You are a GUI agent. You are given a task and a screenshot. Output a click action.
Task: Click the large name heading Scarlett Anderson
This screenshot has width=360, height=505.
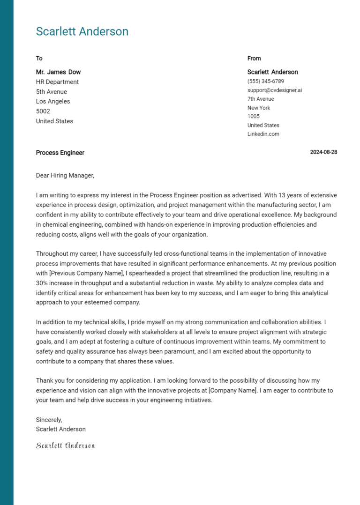(82, 31)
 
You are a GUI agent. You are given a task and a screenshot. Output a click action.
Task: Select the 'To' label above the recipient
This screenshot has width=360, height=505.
(39, 58)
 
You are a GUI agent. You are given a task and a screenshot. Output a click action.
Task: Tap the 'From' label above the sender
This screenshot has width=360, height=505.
(254, 58)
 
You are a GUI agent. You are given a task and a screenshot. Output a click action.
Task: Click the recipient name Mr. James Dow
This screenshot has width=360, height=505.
(58, 72)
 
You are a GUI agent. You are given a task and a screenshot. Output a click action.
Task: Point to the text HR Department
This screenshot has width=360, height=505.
(57, 82)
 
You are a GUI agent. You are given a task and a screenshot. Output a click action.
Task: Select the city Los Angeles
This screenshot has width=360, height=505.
(53, 101)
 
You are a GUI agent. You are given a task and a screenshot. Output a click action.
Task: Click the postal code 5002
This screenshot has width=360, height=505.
(43, 111)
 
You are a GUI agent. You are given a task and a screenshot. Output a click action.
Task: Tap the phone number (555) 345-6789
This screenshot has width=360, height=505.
(265, 81)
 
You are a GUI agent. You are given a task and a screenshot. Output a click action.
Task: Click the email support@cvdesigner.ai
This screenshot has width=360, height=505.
(275, 90)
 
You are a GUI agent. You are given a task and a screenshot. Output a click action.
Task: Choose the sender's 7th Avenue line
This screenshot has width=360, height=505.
(261, 99)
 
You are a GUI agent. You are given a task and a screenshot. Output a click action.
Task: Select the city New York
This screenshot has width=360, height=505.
(259, 108)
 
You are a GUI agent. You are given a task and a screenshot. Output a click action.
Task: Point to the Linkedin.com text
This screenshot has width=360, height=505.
(263, 134)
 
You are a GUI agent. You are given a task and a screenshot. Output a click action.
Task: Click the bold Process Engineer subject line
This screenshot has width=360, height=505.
(60, 153)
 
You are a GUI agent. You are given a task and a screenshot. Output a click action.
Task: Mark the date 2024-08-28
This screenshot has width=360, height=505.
(323, 152)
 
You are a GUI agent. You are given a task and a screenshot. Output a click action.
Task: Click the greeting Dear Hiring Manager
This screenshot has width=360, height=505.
(65, 176)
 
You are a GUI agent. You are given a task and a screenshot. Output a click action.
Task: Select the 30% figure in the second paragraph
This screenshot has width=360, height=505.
(43, 283)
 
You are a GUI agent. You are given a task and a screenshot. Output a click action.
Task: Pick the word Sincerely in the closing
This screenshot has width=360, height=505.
(49, 420)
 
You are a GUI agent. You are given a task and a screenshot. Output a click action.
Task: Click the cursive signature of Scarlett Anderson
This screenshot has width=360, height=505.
(66, 446)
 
